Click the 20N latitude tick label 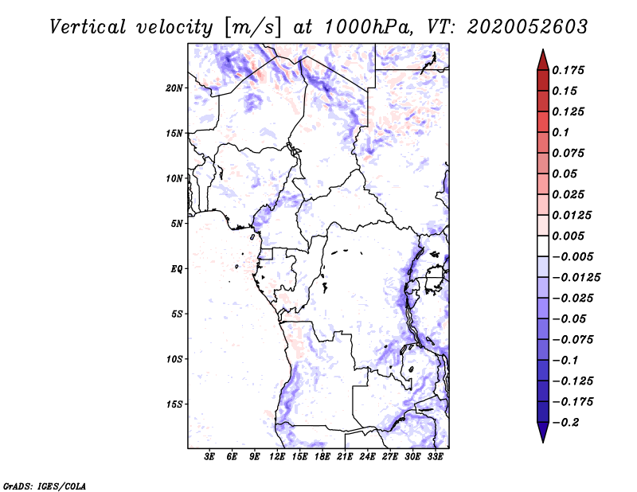click(x=174, y=88)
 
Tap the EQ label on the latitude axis click(x=176, y=269)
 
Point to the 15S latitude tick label click(x=174, y=404)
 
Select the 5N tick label click(x=177, y=224)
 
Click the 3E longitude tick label click(x=209, y=457)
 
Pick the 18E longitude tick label click(x=322, y=457)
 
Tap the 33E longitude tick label click(x=435, y=457)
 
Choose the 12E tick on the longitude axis click(x=277, y=457)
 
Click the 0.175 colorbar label click(x=568, y=70)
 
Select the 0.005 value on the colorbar click(x=568, y=236)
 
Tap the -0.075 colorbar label click(x=573, y=340)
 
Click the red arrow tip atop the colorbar click(x=543, y=50)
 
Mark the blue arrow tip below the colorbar click(x=543, y=441)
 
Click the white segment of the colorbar click(x=543, y=246)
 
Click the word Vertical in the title click(x=88, y=27)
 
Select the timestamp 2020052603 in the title click(x=527, y=27)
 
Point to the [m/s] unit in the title click(x=252, y=28)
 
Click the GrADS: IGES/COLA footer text click(x=45, y=486)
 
